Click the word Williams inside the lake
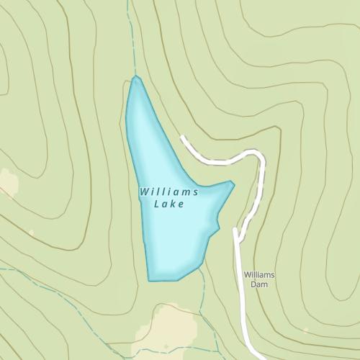pos(168,192)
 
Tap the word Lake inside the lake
pos(170,204)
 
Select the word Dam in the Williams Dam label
pos(258,284)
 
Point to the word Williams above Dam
pos(259,275)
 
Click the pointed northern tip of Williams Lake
pos(135,77)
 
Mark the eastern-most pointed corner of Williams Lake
pos(233,184)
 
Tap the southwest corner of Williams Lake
pos(149,280)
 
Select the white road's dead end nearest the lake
pos(183,138)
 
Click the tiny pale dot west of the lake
pos(31,233)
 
